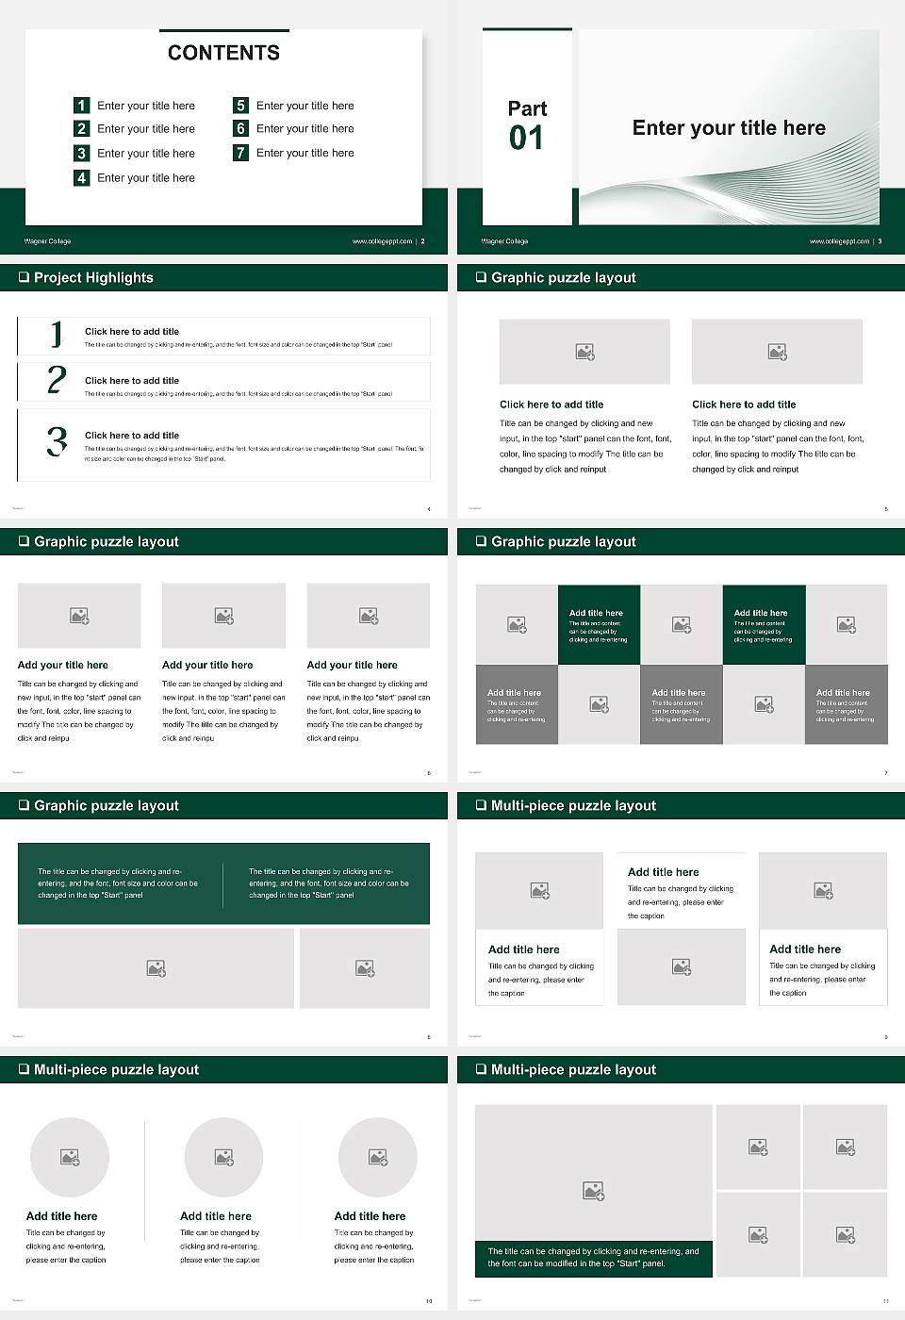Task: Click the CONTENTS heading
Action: [223, 53]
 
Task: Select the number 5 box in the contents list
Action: [240, 106]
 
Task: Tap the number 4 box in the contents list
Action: [81, 177]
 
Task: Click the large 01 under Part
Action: [526, 139]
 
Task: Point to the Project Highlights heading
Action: [93, 277]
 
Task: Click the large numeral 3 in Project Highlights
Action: [57, 441]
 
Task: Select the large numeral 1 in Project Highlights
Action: [57, 334]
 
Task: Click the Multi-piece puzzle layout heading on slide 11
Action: [573, 1069]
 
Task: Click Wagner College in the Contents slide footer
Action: [47, 241]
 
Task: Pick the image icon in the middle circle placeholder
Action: [223, 1157]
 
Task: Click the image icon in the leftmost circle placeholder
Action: [70, 1157]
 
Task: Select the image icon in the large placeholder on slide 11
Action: [593, 1192]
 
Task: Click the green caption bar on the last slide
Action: [593, 1259]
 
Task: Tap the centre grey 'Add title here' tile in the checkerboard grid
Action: [681, 704]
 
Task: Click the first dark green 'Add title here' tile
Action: [599, 624]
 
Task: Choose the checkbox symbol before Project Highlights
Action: [24, 277]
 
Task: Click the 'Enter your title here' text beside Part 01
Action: [729, 128]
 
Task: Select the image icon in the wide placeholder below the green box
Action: [156, 968]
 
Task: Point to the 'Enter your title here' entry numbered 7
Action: [304, 153]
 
